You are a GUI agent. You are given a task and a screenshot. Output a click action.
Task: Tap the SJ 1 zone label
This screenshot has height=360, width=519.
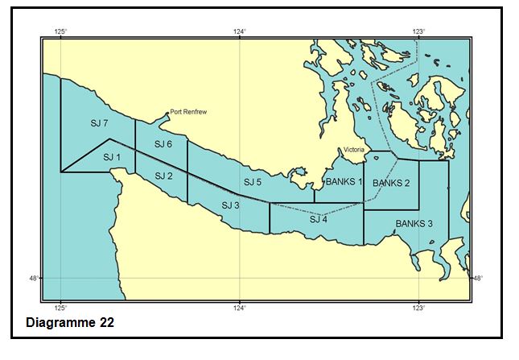[x=112, y=157]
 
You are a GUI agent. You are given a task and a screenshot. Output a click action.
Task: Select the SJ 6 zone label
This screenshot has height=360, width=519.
[x=163, y=143]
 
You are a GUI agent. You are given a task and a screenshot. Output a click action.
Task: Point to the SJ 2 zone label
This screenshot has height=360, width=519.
[x=163, y=176]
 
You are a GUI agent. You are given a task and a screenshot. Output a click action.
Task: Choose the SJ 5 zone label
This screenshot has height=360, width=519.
[x=253, y=182]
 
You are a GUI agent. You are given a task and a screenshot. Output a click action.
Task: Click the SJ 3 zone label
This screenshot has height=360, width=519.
[x=230, y=205]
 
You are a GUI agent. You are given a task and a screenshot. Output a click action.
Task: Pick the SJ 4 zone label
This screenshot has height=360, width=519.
[x=319, y=219]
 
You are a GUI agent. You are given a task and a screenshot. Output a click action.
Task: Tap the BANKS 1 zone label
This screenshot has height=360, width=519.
[x=344, y=182]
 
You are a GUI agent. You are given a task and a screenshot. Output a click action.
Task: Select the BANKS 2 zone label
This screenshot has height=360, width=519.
[x=391, y=183]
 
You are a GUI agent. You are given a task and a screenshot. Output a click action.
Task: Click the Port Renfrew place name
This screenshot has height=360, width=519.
[x=188, y=113]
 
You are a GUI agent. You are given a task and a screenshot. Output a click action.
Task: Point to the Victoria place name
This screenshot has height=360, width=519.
[x=355, y=150]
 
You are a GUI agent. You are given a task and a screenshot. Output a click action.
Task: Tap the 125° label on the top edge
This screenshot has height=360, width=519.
[x=60, y=31]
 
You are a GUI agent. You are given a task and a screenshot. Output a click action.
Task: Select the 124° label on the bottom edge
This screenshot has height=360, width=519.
[x=240, y=308]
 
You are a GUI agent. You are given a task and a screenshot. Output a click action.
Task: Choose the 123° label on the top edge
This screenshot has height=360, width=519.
[x=418, y=31]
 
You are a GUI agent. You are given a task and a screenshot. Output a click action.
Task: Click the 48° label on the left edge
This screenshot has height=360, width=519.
[x=34, y=278]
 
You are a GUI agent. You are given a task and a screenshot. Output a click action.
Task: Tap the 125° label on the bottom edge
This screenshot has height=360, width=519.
[x=60, y=308]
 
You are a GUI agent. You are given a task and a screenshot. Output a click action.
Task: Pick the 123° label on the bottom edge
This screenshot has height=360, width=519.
[x=418, y=308]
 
